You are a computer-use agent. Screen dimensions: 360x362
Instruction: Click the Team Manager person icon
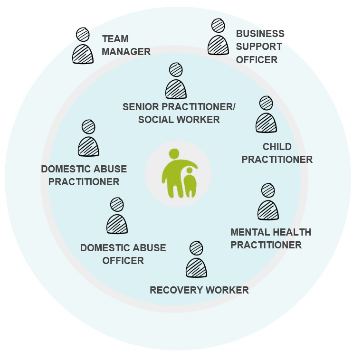(83, 47)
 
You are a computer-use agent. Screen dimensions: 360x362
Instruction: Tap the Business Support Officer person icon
(218, 38)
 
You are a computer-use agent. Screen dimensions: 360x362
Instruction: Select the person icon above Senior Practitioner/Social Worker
(176, 82)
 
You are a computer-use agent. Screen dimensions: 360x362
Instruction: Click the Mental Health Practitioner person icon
(268, 203)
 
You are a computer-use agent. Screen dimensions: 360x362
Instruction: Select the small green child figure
(190, 183)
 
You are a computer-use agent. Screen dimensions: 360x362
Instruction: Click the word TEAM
(115, 39)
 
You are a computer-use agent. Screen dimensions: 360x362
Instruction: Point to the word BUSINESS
(260, 34)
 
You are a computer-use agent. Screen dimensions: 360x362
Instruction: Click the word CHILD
(277, 147)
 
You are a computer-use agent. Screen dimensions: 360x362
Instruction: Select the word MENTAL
(249, 232)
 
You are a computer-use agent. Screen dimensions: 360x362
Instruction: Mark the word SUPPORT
(259, 47)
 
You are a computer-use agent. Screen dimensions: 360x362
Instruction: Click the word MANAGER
(126, 51)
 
